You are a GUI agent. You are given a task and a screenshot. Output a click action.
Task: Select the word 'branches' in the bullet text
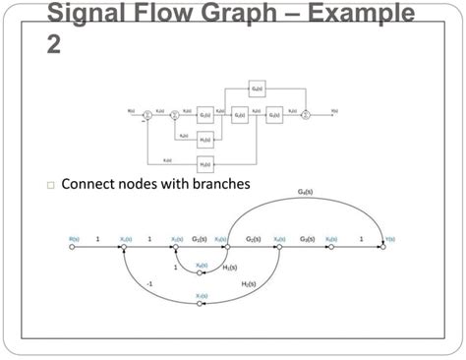coord(218,184)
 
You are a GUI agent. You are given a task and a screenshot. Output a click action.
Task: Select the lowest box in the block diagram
coord(205,162)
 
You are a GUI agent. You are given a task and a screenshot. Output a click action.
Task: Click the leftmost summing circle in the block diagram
coord(147,114)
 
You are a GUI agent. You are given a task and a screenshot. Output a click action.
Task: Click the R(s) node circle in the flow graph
coord(73,248)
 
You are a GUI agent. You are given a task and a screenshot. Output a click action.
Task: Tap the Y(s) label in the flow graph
coord(388,237)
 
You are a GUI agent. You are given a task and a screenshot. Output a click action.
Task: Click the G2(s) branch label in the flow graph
coord(254,238)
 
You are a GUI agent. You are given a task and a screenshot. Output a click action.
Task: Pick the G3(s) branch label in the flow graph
coord(308,238)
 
